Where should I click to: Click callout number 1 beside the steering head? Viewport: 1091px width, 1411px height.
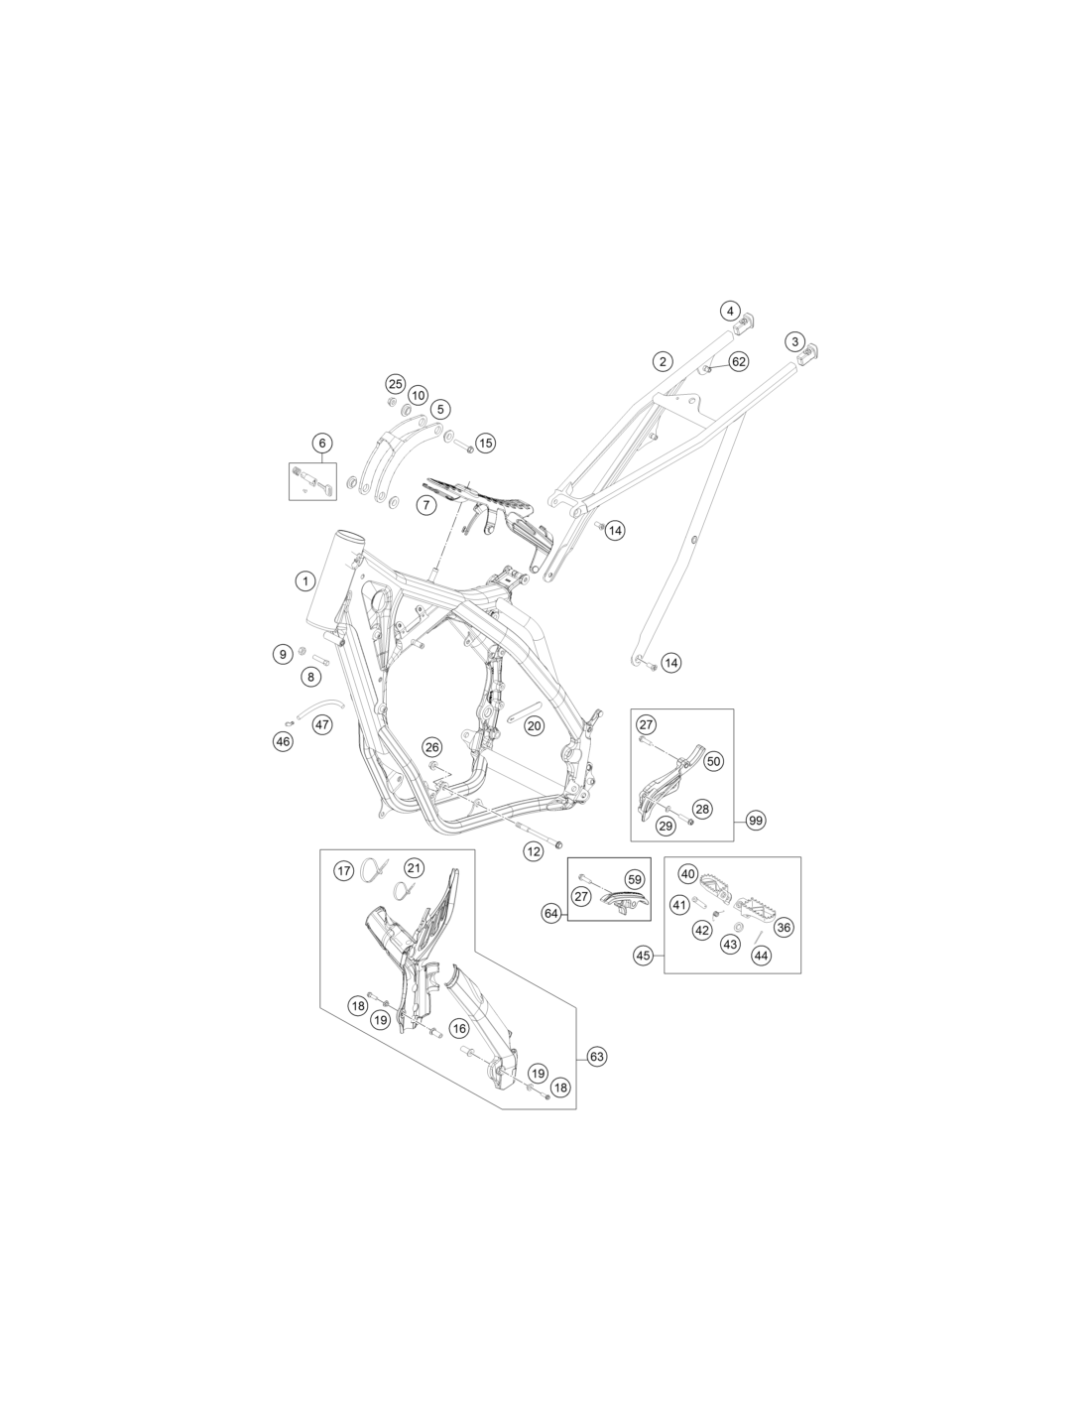305,580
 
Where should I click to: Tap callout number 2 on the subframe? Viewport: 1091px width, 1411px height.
662,361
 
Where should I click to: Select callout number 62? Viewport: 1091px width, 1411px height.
739,361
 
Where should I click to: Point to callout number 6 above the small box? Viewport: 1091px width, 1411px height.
322,444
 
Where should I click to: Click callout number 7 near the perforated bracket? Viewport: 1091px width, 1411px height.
425,504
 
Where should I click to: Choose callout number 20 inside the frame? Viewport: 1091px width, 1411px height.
535,726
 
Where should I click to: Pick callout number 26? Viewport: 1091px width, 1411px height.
432,747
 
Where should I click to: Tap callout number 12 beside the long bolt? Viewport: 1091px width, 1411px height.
534,851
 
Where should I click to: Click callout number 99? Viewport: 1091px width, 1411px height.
755,821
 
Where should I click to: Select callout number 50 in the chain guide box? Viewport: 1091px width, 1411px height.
713,761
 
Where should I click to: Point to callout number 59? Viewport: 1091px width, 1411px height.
634,879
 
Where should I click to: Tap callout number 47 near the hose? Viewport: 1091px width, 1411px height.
322,724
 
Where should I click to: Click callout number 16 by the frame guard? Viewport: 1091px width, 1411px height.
459,1029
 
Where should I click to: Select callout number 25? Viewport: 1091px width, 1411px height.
396,384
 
